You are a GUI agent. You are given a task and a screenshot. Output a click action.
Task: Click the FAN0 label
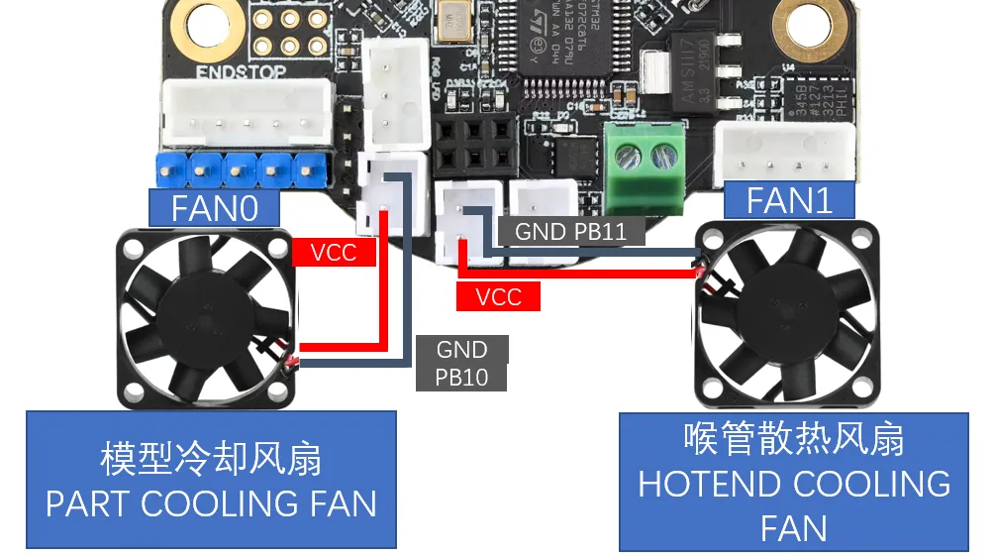tap(214, 208)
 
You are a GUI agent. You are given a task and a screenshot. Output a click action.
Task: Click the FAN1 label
tap(788, 200)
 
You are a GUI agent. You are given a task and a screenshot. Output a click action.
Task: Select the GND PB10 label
tap(461, 363)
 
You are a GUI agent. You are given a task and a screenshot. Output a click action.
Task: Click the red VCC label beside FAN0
tap(334, 252)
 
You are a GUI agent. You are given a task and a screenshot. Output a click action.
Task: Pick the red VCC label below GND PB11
tap(498, 296)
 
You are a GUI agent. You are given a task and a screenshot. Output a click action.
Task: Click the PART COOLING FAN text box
tap(211, 480)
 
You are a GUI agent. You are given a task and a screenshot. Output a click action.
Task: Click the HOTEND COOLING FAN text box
tap(794, 482)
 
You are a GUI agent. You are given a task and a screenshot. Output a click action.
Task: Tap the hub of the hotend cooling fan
tap(787, 313)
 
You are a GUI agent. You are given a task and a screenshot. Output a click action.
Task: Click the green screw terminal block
tap(647, 168)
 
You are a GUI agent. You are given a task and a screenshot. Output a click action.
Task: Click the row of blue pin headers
tap(241, 168)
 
